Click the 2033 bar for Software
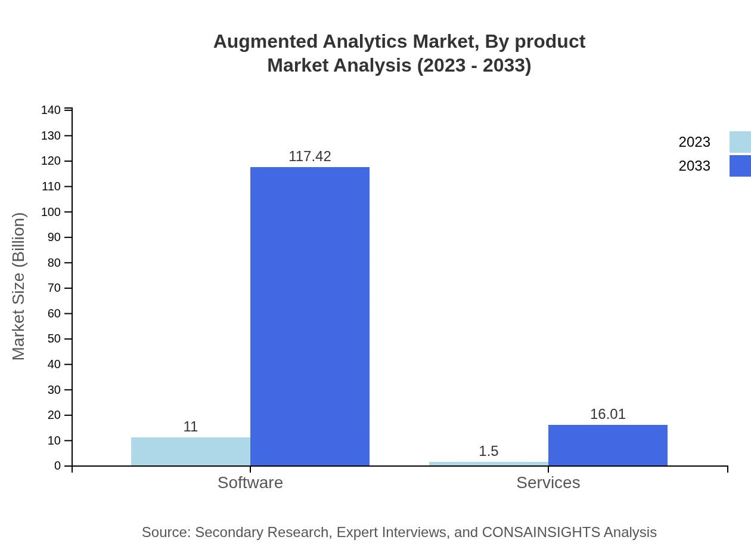310,316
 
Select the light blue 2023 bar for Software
191,452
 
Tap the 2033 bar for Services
608,445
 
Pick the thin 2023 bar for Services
489,464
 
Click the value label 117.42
310,156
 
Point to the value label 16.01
608,414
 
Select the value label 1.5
489,451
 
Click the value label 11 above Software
191,427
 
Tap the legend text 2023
694,142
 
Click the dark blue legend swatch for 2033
740,166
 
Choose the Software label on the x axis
250,482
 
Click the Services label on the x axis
548,482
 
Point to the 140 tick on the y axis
51,110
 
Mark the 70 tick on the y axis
54,288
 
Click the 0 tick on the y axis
58,465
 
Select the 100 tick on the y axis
51,212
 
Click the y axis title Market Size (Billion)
18,286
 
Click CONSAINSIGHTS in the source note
541,532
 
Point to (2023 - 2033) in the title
474,65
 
